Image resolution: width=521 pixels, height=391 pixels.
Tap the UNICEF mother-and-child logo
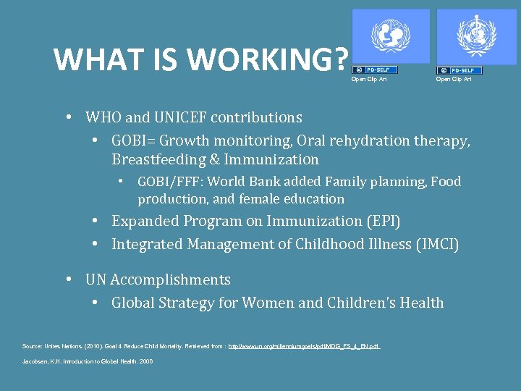pyautogui.click(x=390, y=36)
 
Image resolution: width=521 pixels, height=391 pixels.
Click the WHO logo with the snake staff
pyautogui.click(x=475, y=36)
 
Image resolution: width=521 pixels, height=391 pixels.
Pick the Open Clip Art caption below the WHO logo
pyautogui.click(x=453, y=79)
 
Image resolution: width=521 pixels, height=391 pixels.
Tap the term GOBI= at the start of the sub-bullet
pyautogui.click(x=134, y=140)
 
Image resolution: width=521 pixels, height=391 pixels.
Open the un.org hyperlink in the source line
pyautogui.click(x=304, y=347)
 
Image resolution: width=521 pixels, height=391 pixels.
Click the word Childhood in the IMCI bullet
pyautogui.click(x=328, y=245)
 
